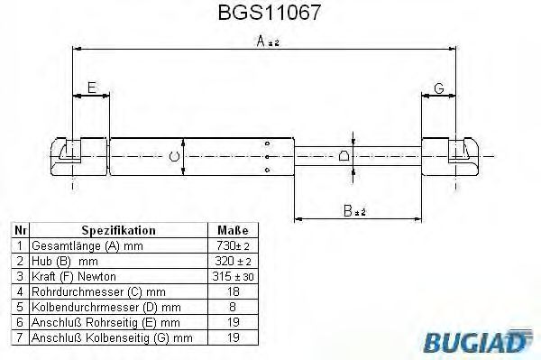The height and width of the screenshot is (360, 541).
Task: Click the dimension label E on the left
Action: click(90, 88)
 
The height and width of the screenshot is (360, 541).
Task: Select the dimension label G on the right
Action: click(438, 88)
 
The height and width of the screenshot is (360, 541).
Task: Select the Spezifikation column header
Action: click(118, 231)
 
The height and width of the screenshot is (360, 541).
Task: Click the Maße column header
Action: click(233, 231)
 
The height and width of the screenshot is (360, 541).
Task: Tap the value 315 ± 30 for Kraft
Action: click(233, 275)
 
